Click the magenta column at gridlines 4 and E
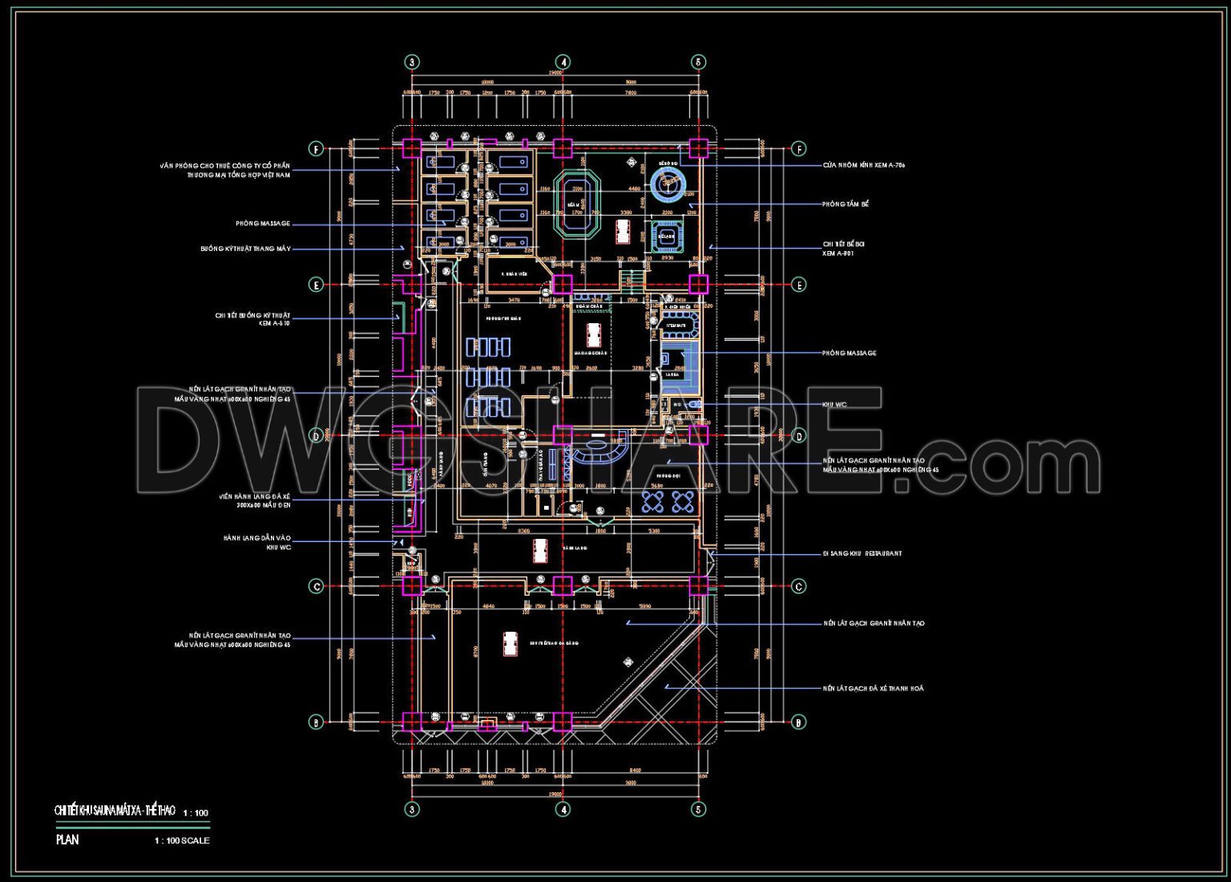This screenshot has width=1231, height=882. coord(563,285)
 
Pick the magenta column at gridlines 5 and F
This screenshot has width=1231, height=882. coord(698,148)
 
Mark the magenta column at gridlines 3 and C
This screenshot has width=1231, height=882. coord(411,586)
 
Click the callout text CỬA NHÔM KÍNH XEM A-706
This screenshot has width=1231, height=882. coord(864,165)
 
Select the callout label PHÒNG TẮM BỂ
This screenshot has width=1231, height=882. coord(846,204)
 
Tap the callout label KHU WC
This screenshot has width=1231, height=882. coord(834,405)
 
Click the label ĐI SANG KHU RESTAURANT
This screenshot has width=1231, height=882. coord(862,554)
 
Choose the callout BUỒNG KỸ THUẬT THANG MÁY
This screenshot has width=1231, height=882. coord(245,249)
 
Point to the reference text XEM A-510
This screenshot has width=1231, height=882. coord(274,324)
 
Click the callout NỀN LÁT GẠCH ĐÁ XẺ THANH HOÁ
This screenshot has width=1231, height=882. coord(873,689)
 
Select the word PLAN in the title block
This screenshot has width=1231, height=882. coord(68,840)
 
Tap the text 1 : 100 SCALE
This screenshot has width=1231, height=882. coord(182,841)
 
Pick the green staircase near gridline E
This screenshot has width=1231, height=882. coord(632,278)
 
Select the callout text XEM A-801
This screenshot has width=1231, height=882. coord(838,253)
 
